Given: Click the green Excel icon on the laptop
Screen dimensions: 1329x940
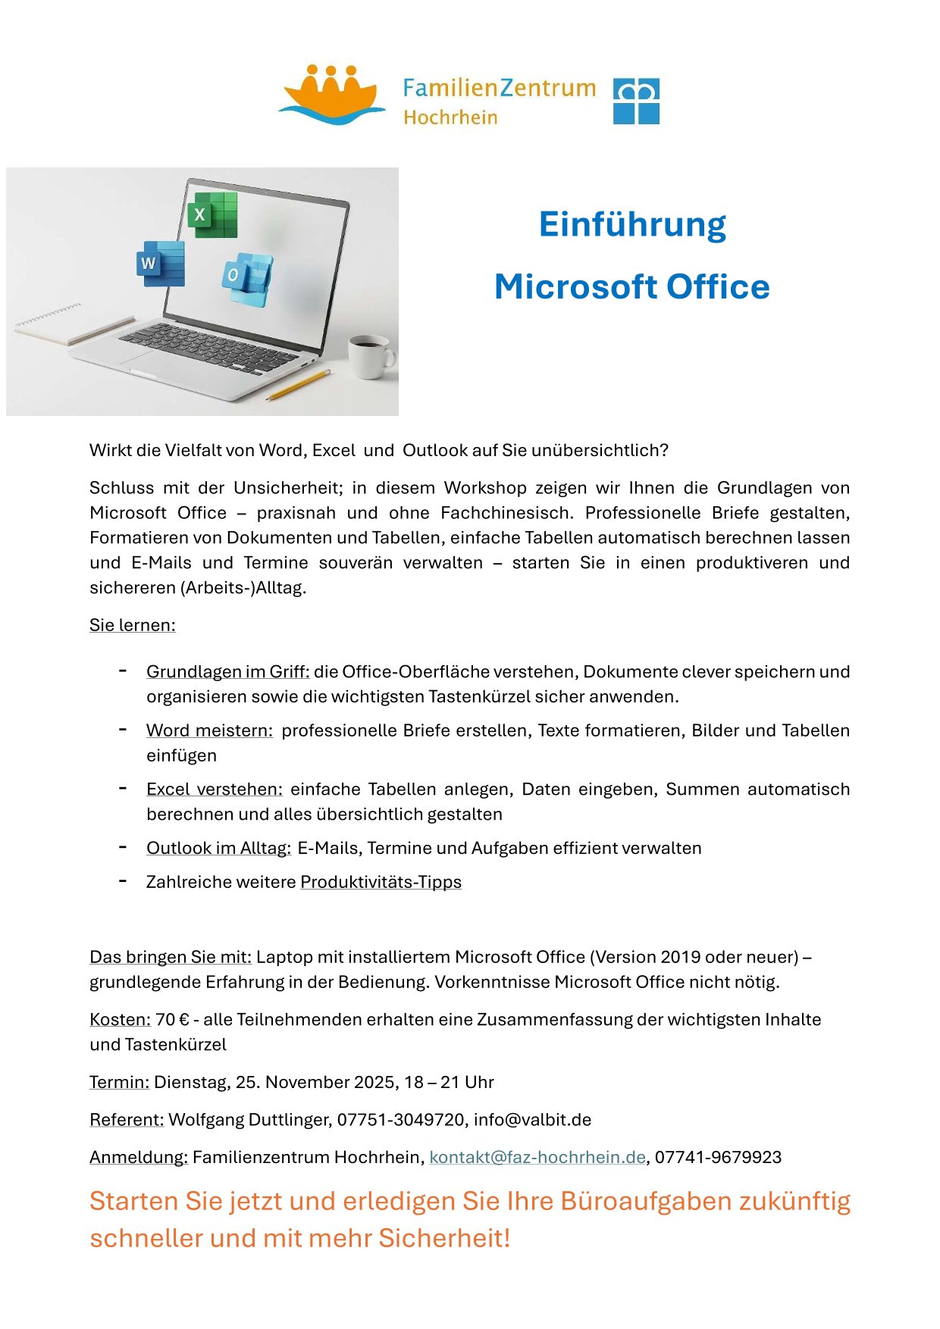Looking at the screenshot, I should pyautogui.click(x=212, y=214).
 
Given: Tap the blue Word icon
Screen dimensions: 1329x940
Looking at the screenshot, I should pyautogui.click(x=161, y=263).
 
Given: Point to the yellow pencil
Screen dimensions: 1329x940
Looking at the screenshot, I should pyautogui.click(x=299, y=385).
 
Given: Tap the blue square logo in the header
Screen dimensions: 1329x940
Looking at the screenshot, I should pyautogui.click(x=635, y=101).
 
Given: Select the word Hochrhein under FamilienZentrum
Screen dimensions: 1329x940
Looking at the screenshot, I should pyautogui.click(x=450, y=117).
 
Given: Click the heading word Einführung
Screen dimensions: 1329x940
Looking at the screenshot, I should pyautogui.click(x=632, y=224).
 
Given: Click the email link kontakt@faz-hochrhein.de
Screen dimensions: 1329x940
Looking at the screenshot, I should pyautogui.click(x=537, y=1157).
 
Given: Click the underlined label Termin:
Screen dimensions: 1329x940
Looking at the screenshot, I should pyautogui.click(x=119, y=1082).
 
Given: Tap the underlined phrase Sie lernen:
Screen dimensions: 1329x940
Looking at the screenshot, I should pyautogui.click(x=132, y=625).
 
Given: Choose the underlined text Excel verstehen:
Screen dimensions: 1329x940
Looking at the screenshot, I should pyautogui.click(x=215, y=790).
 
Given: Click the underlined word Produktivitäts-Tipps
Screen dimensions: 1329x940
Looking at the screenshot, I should pyautogui.click(x=381, y=882).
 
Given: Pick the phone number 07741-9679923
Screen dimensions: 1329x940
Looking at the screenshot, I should pyautogui.click(x=718, y=1157).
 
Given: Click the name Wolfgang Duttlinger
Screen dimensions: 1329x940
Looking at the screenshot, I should pyautogui.click(x=249, y=1120).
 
